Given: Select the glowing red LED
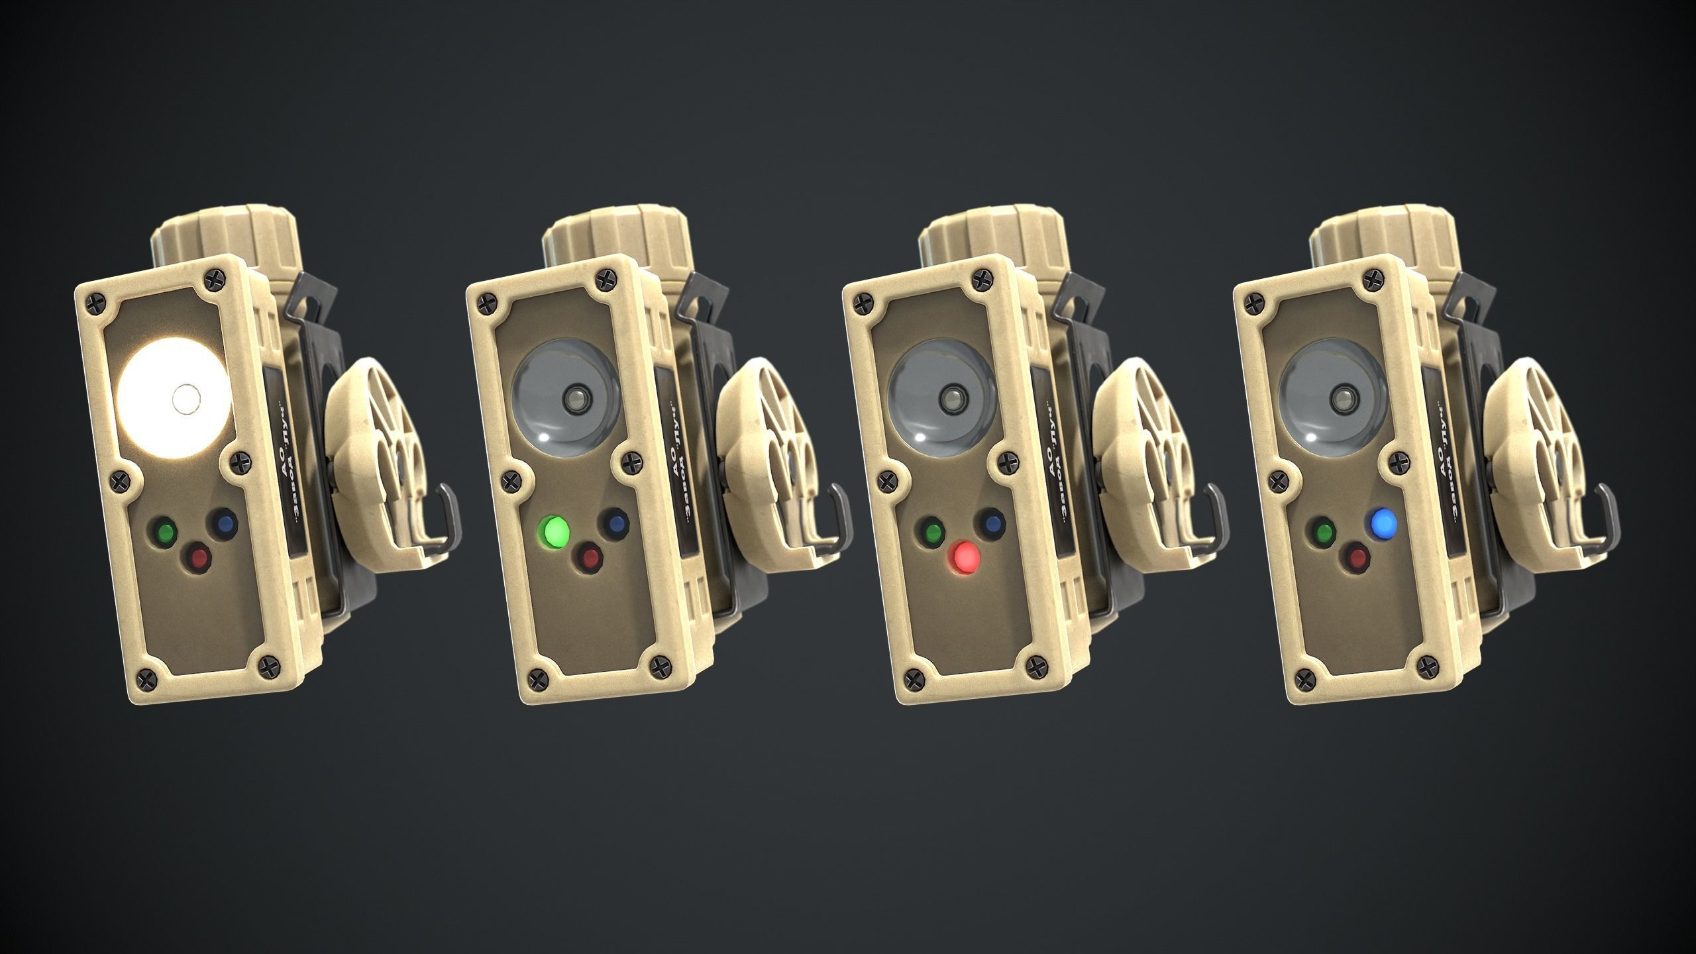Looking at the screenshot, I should click(964, 558).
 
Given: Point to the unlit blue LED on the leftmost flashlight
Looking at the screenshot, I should click(223, 523).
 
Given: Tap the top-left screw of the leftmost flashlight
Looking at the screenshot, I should click(92, 302).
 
